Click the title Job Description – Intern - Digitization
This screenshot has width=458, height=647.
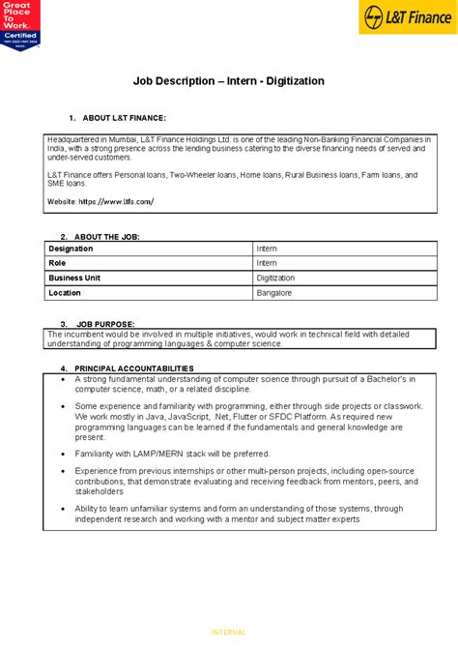pos(228,81)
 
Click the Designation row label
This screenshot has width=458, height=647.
pos(72,249)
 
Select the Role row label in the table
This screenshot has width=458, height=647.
pos(58,263)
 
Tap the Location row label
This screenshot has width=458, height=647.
pos(65,292)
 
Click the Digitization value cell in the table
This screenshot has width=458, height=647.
pos(278,278)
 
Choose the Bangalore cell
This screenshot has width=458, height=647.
pos(274,292)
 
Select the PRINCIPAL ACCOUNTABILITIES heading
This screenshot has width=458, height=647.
pos(134,368)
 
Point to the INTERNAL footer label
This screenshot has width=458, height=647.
pos(228,632)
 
